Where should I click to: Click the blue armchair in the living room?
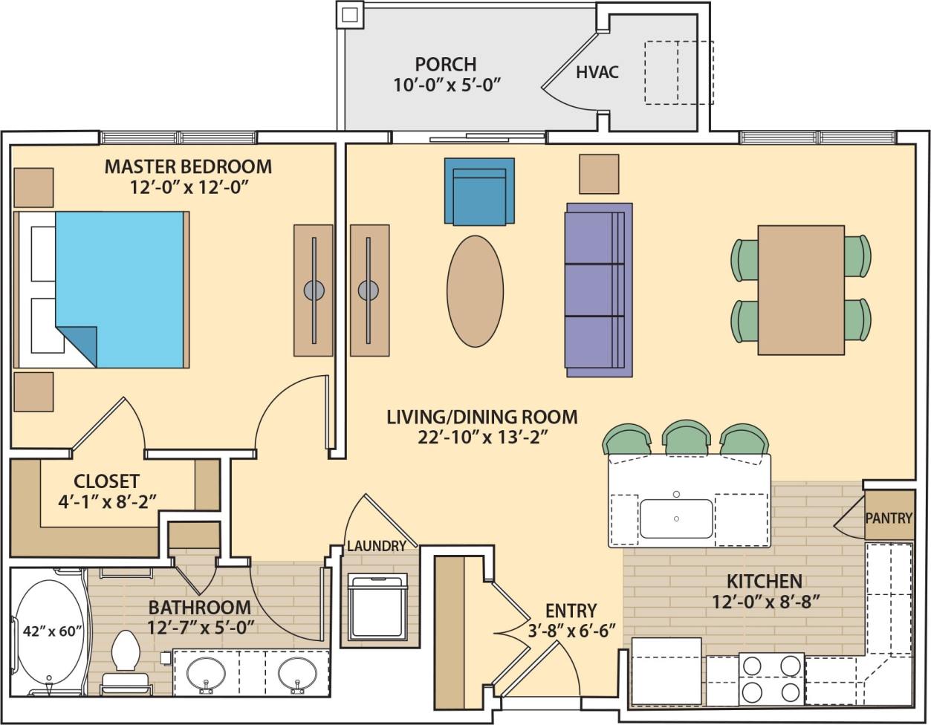pyautogui.click(x=479, y=191)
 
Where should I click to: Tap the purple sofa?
pyautogui.click(x=598, y=290)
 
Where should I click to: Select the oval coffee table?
pyautogui.click(x=475, y=291)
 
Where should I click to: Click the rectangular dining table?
pyautogui.click(x=800, y=290)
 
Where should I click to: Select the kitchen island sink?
pyautogui.click(x=675, y=518)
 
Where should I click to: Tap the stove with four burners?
pyautogui.click(x=771, y=678)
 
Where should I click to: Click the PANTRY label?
pyautogui.click(x=889, y=518)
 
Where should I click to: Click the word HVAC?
pyautogui.click(x=597, y=73)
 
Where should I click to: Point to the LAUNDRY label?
pyautogui.click(x=377, y=546)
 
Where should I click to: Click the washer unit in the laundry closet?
pyautogui.click(x=377, y=605)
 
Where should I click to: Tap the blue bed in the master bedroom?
pyautogui.click(x=119, y=290)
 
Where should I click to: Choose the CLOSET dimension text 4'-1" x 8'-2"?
pyautogui.click(x=106, y=501)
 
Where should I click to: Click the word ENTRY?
pyautogui.click(x=571, y=611)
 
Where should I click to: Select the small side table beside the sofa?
pyautogui.click(x=598, y=174)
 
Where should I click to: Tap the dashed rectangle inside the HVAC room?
pyautogui.click(x=678, y=72)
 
